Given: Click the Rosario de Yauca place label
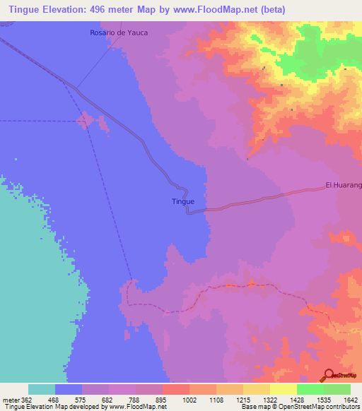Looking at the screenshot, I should coord(119,33).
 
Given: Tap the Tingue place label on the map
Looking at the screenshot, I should coord(183,201).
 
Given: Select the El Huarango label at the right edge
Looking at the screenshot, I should coord(344,185).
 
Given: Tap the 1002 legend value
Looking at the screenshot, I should coord(189,400).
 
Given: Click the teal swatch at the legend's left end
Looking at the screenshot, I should coord(42,389).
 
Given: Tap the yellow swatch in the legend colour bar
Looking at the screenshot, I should coord(283,389).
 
